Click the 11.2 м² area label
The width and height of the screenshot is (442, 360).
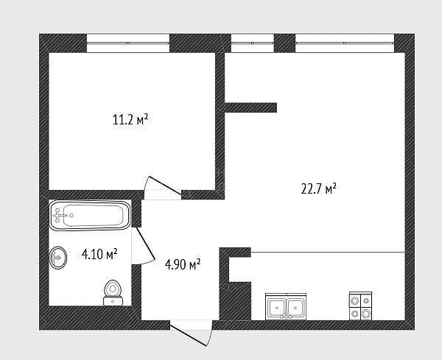click(130, 120)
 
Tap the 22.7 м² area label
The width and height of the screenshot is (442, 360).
click(318, 188)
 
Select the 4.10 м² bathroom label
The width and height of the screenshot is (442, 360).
click(99, 254)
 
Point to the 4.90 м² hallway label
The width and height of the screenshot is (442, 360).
click(183, 264)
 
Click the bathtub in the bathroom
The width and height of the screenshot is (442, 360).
click(90, 216)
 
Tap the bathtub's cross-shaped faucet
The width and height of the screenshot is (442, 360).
click(59, 216)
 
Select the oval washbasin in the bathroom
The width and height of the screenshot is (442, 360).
click(58, 258)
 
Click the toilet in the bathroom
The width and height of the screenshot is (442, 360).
click(113, 293)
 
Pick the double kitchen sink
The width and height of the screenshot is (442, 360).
click(286, 306)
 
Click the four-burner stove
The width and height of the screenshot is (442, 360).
click(360, 306)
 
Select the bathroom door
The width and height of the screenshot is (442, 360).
click(143, 246)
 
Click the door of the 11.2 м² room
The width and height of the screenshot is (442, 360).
click(163, 188)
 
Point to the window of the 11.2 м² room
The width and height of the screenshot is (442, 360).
click(128, 43)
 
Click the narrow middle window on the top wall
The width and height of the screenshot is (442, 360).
click(252, 43)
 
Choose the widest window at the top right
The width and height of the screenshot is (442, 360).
click(345, 43)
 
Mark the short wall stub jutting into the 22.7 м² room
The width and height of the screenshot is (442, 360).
click(250, 107)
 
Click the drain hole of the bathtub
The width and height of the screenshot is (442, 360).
click(71, 216)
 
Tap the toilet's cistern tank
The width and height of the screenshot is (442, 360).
click(113, 301)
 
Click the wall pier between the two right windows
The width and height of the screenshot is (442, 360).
click(284, 43)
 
